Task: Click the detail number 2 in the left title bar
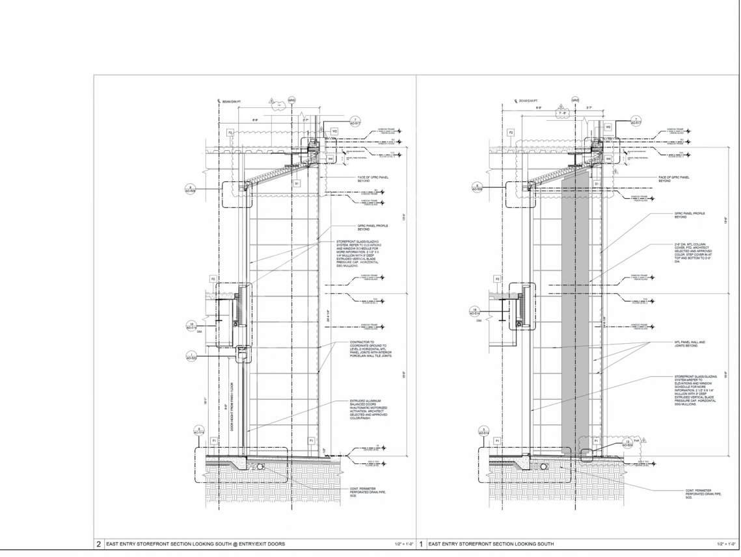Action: pyautogui.click(x=99, y=543)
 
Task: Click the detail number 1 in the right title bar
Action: pyautogui.click(x=422, y=543)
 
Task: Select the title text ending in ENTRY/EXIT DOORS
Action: pyautogui.click(x=195, y=543)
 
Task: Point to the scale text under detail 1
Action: pyautogui.click(x=721, y=543)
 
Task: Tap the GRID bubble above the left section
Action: pyautogui.click(x=292, y=101)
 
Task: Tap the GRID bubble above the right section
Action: pyautogui.click(x=575, y=100)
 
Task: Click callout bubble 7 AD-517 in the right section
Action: pyautogui.click(x=637, y=120)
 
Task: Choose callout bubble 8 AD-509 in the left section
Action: pyautogui.click(x=191, y=189)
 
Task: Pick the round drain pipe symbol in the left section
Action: pyautogui.click(x=260, y=466)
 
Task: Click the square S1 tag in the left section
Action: pyautogui.click(x=296, y=184)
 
